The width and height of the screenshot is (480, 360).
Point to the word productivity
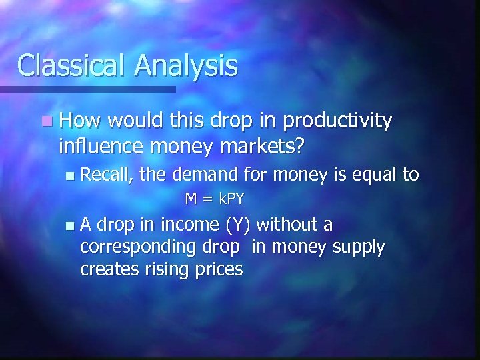337,122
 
